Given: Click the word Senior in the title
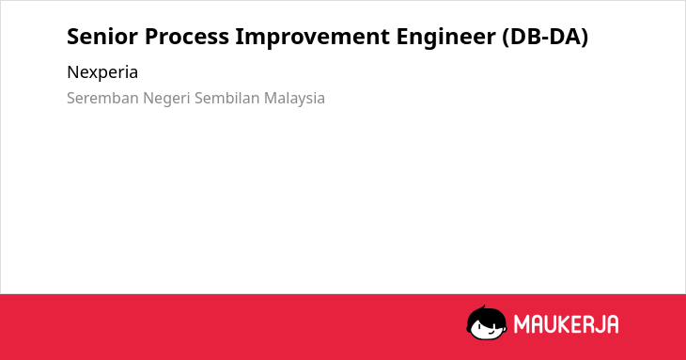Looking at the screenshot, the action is tap(102, 37).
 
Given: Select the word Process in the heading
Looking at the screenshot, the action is tap(187, 37).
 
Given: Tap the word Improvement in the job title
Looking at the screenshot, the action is tap(312, 37).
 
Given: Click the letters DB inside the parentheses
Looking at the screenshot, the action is tap(524, 37).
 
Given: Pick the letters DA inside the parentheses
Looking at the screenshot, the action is tap(564, 37).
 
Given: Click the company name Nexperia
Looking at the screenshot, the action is tap(102, 72).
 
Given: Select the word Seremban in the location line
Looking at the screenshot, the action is tap(102, 98).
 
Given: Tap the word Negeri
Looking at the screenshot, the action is tap(166, 99).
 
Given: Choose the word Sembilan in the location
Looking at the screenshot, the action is tap(227, 98).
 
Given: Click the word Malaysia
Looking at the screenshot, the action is tap(294, 99).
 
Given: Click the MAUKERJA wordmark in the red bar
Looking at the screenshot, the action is tap(566, 324).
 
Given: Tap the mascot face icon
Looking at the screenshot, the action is tap(487, 322).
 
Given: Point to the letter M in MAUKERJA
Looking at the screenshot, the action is tap(522, 324).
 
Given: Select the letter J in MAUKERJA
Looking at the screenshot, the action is tap(598, 324).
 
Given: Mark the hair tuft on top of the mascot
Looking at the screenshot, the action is tap(483, 308).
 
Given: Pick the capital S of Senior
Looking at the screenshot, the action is tap(72, 37).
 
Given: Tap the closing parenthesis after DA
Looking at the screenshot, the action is tap(584, 38).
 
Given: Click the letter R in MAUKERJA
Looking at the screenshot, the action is tap(585, 324).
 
